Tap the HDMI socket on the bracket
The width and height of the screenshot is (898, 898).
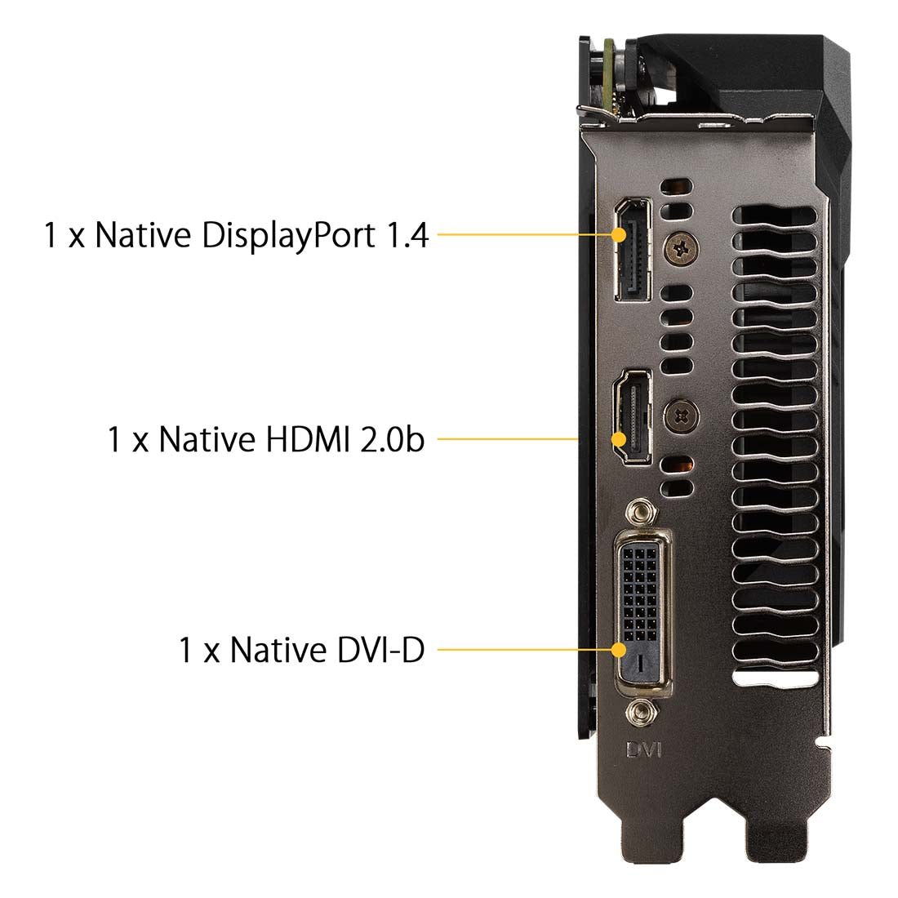(632, 417)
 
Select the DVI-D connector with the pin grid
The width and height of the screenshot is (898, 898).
(642, 613)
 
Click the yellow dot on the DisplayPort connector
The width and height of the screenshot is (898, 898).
(619, 235)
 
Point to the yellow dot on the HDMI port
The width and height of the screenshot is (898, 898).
(619, 439)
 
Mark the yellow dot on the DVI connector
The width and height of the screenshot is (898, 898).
(619, 650)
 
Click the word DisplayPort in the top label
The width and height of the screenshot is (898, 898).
(289, 235)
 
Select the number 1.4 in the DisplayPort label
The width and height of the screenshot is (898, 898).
(407, 235)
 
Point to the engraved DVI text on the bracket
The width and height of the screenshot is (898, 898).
(644, 749)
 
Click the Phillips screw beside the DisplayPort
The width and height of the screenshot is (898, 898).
(681, 248)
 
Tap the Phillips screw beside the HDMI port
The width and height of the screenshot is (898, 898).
(681, 416)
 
